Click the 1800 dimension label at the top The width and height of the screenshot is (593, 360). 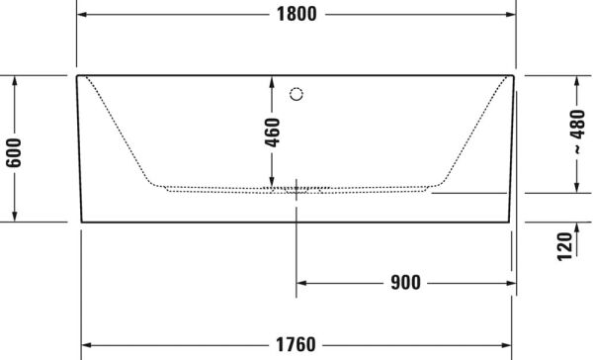(296, 14)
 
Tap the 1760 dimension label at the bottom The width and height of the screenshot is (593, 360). (296, 344)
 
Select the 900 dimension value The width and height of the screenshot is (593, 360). (404, 283)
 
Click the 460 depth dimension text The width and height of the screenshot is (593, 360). (274, 131)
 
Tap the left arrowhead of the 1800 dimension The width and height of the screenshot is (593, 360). (83, 14)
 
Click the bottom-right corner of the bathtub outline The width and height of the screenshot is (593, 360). (510, 223)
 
